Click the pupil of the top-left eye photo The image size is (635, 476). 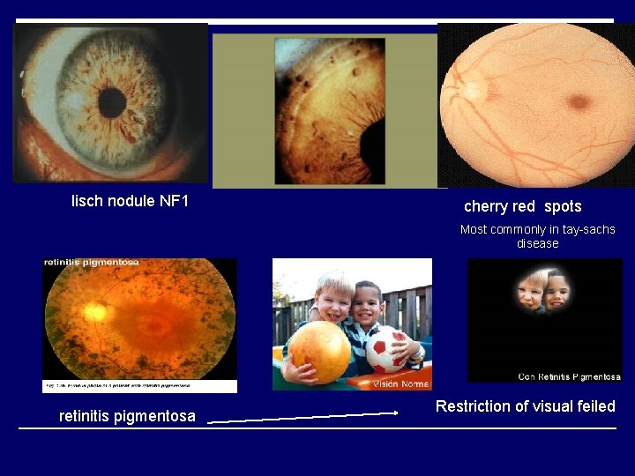click(112, 102)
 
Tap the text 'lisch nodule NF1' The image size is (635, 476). click(130, 202)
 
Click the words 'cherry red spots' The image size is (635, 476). click(522, 206)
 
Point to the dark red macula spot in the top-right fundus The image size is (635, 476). click(579, 101)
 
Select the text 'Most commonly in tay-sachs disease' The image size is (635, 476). click(537, 236)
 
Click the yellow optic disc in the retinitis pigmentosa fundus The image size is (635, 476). click(94, 311)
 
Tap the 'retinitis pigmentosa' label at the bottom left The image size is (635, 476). click(127, 416)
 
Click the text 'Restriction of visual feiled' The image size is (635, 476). click(525, 406)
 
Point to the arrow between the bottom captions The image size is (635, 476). click(303, 417)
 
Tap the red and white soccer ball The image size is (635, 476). click(387, 351)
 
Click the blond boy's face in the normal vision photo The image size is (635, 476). click(334, 297)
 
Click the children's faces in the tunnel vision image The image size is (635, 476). click(544, 292)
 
